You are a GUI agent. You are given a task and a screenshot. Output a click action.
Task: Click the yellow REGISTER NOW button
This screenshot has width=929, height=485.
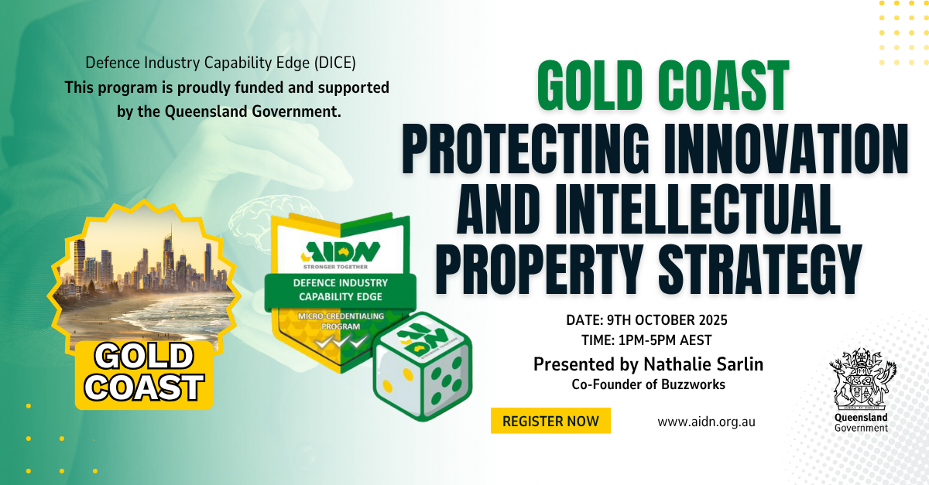tap(550, 421)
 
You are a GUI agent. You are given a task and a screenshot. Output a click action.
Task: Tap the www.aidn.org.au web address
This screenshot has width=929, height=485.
tap(706, 422)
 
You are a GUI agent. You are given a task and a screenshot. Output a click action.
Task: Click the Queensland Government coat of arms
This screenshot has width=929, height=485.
tap(862, 379)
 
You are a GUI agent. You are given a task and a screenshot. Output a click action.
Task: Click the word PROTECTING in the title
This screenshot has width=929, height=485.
tap(526, 148)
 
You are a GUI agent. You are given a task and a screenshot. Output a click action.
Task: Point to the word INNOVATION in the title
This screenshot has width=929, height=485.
tap(787, 148)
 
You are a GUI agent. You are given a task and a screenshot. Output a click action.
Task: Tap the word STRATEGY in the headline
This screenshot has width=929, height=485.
tap(760, 269)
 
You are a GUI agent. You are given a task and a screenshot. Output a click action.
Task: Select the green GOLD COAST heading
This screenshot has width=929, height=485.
tap(663, 85)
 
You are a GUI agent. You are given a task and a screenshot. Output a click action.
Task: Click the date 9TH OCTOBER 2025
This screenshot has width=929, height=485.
tap(667, 320)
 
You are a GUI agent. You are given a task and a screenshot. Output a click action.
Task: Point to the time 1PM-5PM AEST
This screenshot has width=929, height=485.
tap(665, 340)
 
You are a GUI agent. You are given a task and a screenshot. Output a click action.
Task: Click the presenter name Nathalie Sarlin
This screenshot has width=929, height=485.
tap(704, 364)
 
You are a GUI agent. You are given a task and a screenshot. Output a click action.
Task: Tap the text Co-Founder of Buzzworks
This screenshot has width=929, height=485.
tap(649, 384)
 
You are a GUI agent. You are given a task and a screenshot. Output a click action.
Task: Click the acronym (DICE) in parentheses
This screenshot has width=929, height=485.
tap(334, 63)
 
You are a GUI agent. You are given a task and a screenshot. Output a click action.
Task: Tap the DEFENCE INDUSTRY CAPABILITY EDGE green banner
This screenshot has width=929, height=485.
tap(340, 290)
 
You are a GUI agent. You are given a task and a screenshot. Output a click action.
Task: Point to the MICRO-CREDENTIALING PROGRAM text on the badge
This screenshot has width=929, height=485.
tap(341, 321)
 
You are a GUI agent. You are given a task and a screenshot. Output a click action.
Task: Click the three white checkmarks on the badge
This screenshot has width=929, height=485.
tap(341, 343)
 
